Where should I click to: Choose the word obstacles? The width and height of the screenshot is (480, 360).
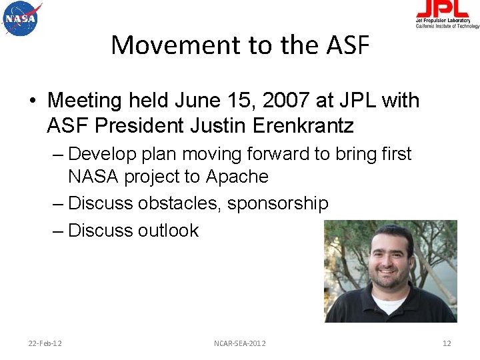[x=180, y=203]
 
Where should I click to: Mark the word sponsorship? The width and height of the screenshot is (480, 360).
[x=278, y=203]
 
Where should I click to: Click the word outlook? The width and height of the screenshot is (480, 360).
[x=168, y=231]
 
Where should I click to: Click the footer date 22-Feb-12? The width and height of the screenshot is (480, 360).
[x=45, y=343]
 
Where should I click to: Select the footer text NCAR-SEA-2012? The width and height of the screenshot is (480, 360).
[x=240, y=343]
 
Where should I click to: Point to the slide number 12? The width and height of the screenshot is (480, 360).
[x=447, y=343]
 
